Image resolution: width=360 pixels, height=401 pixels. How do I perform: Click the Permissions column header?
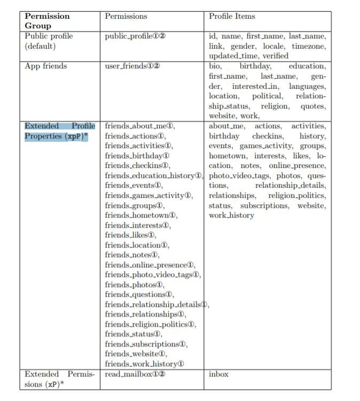point(126,16)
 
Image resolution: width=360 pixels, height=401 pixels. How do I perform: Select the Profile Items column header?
point(232,16)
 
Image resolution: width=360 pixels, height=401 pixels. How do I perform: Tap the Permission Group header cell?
point(47,21)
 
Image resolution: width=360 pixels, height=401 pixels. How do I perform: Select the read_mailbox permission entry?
point(135,374)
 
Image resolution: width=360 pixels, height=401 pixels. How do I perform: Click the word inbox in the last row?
point(218,374)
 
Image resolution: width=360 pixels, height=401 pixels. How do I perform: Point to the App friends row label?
point(46,66)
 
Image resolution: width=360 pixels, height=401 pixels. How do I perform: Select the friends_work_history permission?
point(144,364)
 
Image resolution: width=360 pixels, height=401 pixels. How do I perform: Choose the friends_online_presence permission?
point(150,265)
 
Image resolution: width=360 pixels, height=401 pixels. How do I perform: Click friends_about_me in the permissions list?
point(140,126)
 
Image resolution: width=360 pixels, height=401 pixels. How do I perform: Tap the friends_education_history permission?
point(154,175)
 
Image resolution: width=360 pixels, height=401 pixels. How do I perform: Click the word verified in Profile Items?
point(276,56)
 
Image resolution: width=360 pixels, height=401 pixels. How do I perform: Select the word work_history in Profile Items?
point(231,215)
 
